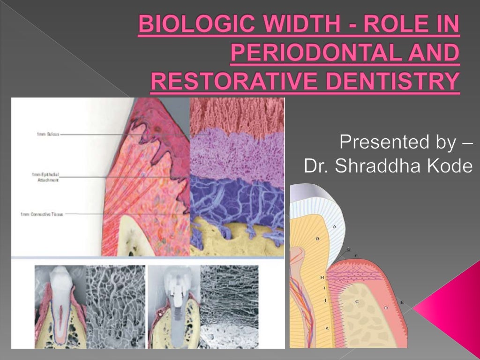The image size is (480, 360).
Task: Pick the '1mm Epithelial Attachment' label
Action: [x=45, y=177]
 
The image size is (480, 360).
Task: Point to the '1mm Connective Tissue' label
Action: [x=42, y=214]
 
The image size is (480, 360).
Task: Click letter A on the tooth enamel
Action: [x=335, y=226]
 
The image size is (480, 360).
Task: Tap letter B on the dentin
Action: [x=318, y=239]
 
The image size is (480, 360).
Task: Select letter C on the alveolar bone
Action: [x=357, y=301]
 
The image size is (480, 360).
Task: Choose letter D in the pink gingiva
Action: [x=386, y=308]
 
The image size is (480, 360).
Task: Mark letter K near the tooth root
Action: [x=327, y=328]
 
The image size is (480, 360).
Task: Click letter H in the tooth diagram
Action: [x=322, y=277]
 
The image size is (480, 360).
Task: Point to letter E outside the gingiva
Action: [x=402, y=302]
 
